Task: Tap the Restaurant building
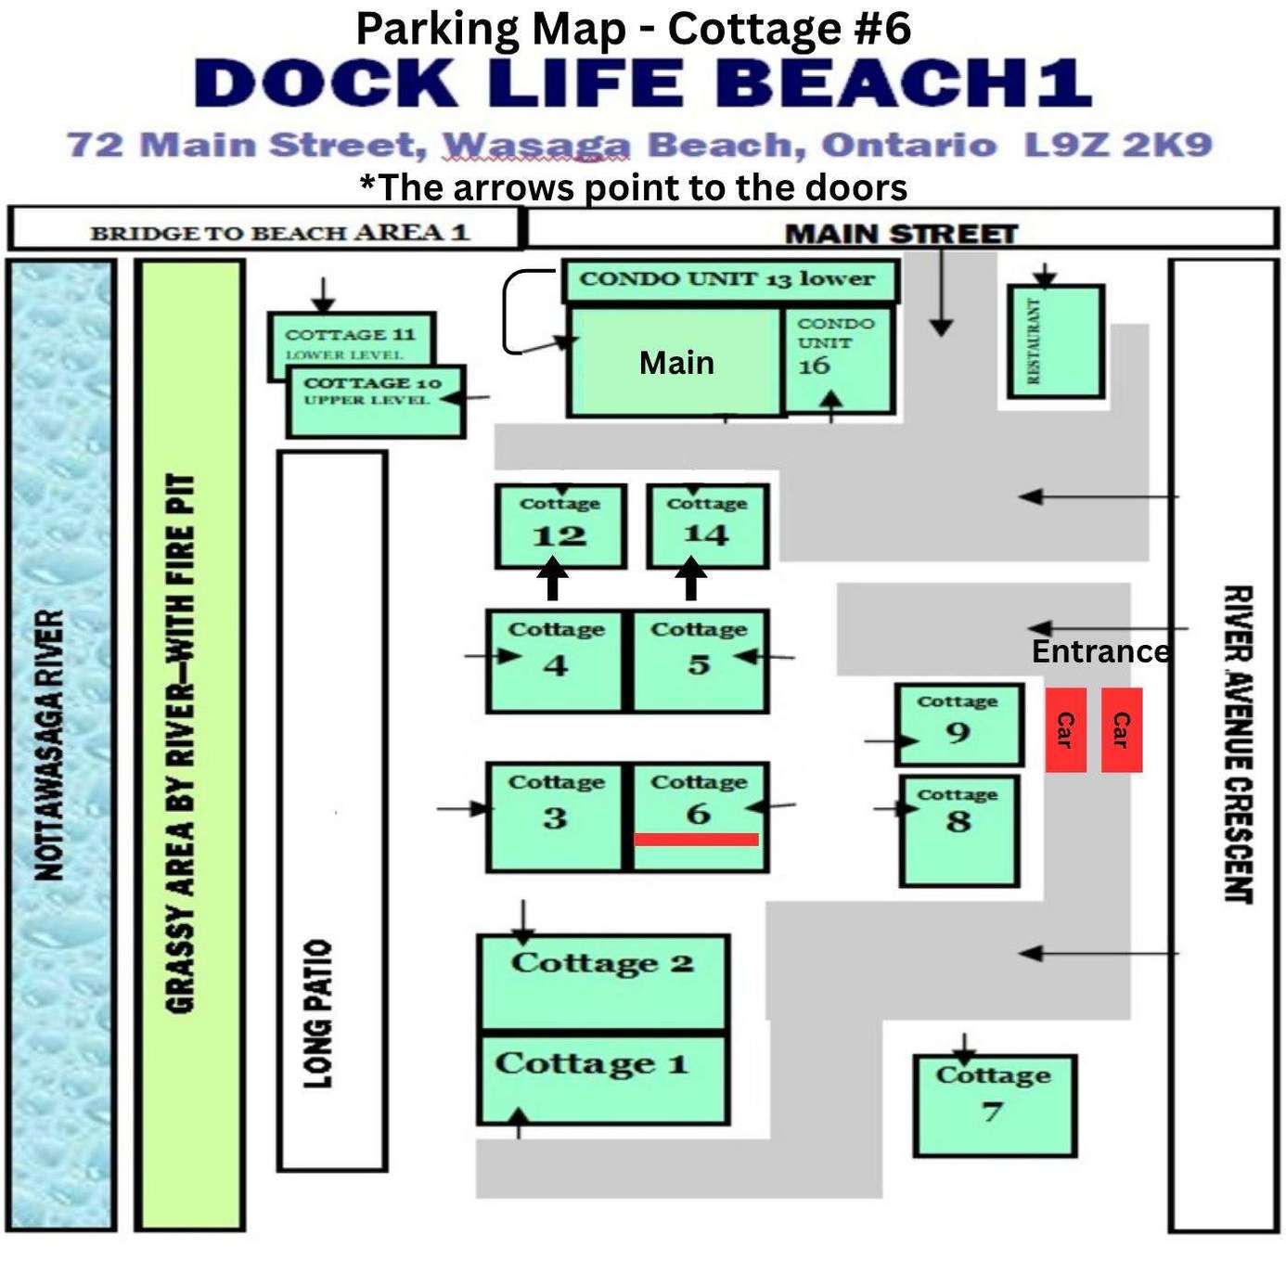tap(1056, 341)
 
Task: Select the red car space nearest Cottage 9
tap(1066, 730)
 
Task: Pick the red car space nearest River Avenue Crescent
tap(1122, 730)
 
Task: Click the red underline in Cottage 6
tap(696, 840)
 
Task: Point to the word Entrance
tap(1100, 652)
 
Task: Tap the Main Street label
tap(901, 234)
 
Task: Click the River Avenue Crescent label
tap(1238, 744)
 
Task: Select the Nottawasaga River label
tap(51, 745)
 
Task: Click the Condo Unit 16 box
tap(838, 361)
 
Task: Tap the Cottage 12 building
tap(560, 526)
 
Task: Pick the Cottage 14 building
tap(708, 526)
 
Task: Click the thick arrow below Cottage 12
tap(553, 579)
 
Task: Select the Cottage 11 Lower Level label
tap(350, 343)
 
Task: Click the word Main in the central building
tap(676, 363)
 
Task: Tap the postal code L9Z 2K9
tap(1118, 145)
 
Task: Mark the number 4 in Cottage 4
tap(555, 664)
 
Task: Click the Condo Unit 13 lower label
tap(727, 279)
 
